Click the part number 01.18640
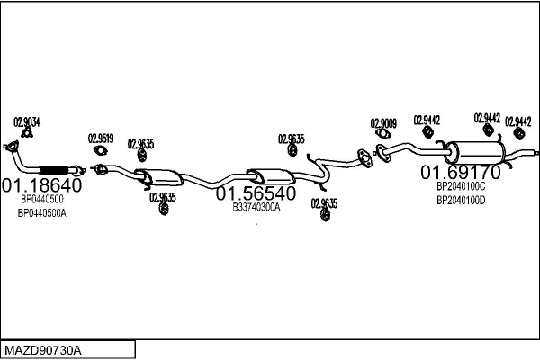click(41, 185)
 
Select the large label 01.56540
click(256, 193)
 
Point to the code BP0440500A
click(42, 213)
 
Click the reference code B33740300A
click(256, 207)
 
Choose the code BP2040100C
click(461, 186)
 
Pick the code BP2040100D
click(461, 200)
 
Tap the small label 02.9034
click(27, 121)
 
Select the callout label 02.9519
click(100, 138)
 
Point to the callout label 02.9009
click(383, 122)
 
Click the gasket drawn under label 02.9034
click(27, 134)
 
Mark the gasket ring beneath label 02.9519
click(100, 150)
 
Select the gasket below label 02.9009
click(382, 135)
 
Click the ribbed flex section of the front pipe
click(56, 168)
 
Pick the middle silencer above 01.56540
click(271, 175)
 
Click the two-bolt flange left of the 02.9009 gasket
click(364, 158)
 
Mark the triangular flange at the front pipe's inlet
click(13, 148)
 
